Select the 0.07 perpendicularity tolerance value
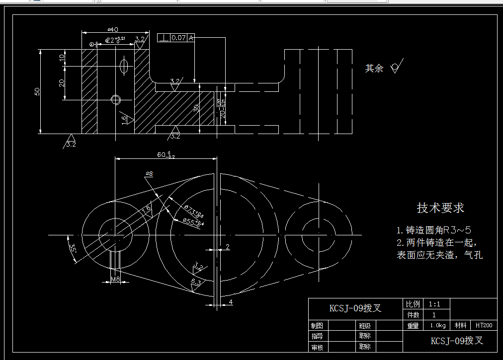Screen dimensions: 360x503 click(178, 38)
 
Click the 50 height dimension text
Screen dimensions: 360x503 click(37, 92)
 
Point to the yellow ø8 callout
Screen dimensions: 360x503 click(149, 173)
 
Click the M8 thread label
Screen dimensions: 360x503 click(115, 280)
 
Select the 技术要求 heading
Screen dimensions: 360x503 click(440, 208)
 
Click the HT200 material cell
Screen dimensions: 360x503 click(484, 326)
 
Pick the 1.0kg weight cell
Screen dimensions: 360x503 click(437, 326)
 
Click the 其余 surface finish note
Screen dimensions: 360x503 click(374, 69)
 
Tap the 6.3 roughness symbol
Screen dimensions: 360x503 click(196, 283)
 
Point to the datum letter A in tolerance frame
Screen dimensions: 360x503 click(191, 38)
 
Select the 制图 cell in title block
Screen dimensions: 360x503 click(317, 326)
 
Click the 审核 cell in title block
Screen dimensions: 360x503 click(317, 347)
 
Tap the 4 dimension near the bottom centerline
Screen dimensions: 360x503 click(231, 301)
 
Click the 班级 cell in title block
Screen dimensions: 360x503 click(364, 326)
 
